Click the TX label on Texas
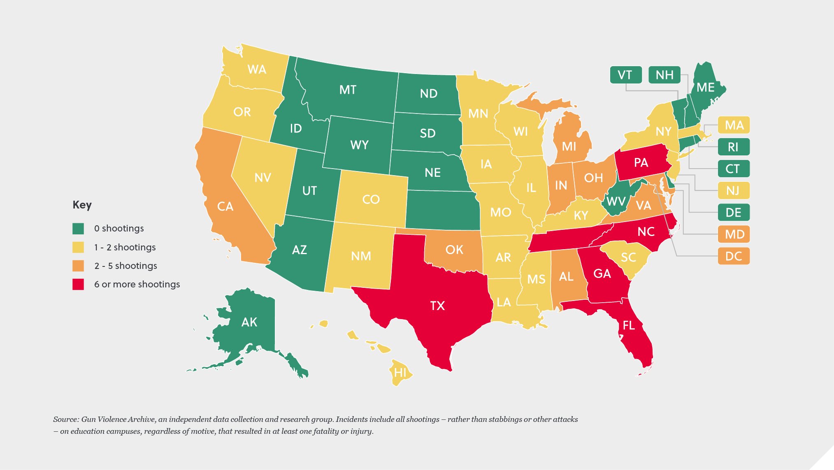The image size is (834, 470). click(437, 306)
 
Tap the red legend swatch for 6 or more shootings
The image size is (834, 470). click(78, 284)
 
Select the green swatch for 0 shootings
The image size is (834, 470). click(78, 228)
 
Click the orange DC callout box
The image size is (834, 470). click(734, 256)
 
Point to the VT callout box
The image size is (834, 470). click(625, 75)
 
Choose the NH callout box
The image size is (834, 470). click(664, 75)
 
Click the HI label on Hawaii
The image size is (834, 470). click(400, 373)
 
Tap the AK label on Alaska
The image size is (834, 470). click(249, 322)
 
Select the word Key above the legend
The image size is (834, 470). click(82, 205)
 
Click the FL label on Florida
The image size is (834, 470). click(628, 326)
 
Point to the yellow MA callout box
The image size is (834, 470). click(734, 125)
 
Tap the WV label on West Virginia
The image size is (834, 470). click(616, 201)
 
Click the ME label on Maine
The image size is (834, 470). click(705, 88)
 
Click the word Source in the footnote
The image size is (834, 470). click(65, 419)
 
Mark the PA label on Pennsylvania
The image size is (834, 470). click(641, 163)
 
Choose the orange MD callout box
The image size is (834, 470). click(734, 234)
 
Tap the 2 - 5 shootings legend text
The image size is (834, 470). click(125, 266)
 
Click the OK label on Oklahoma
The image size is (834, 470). click(454, 250)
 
